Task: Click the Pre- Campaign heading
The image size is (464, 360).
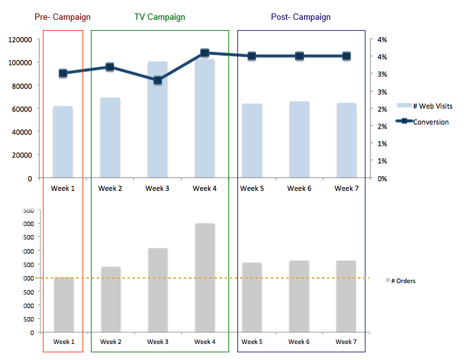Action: pos(63,17)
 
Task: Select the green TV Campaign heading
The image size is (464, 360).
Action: pos(160,17)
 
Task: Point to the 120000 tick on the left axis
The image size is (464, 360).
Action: pos(20,40)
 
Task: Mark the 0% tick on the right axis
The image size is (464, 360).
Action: pos(382,178)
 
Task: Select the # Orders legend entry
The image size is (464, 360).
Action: pos(403,281)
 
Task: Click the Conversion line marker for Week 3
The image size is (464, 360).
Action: pos(157,80)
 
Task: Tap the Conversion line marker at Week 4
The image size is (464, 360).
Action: pos(205,53)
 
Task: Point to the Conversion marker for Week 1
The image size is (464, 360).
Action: pos(63,73)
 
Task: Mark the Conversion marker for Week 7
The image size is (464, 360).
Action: pos(346,56)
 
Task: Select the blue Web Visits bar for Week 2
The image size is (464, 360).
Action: pos(110,138)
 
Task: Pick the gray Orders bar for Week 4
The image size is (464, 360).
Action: pos(205,279)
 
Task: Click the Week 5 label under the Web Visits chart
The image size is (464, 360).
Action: pos(252,188)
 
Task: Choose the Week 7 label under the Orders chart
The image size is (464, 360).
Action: pos(346,342)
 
